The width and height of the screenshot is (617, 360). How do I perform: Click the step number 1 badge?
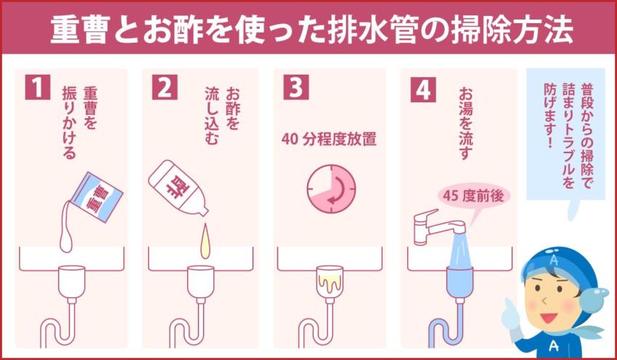[x=37, y=88]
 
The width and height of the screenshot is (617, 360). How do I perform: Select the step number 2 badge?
[x=166, y=88]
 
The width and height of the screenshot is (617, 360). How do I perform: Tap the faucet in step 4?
[x=436, y=224]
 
